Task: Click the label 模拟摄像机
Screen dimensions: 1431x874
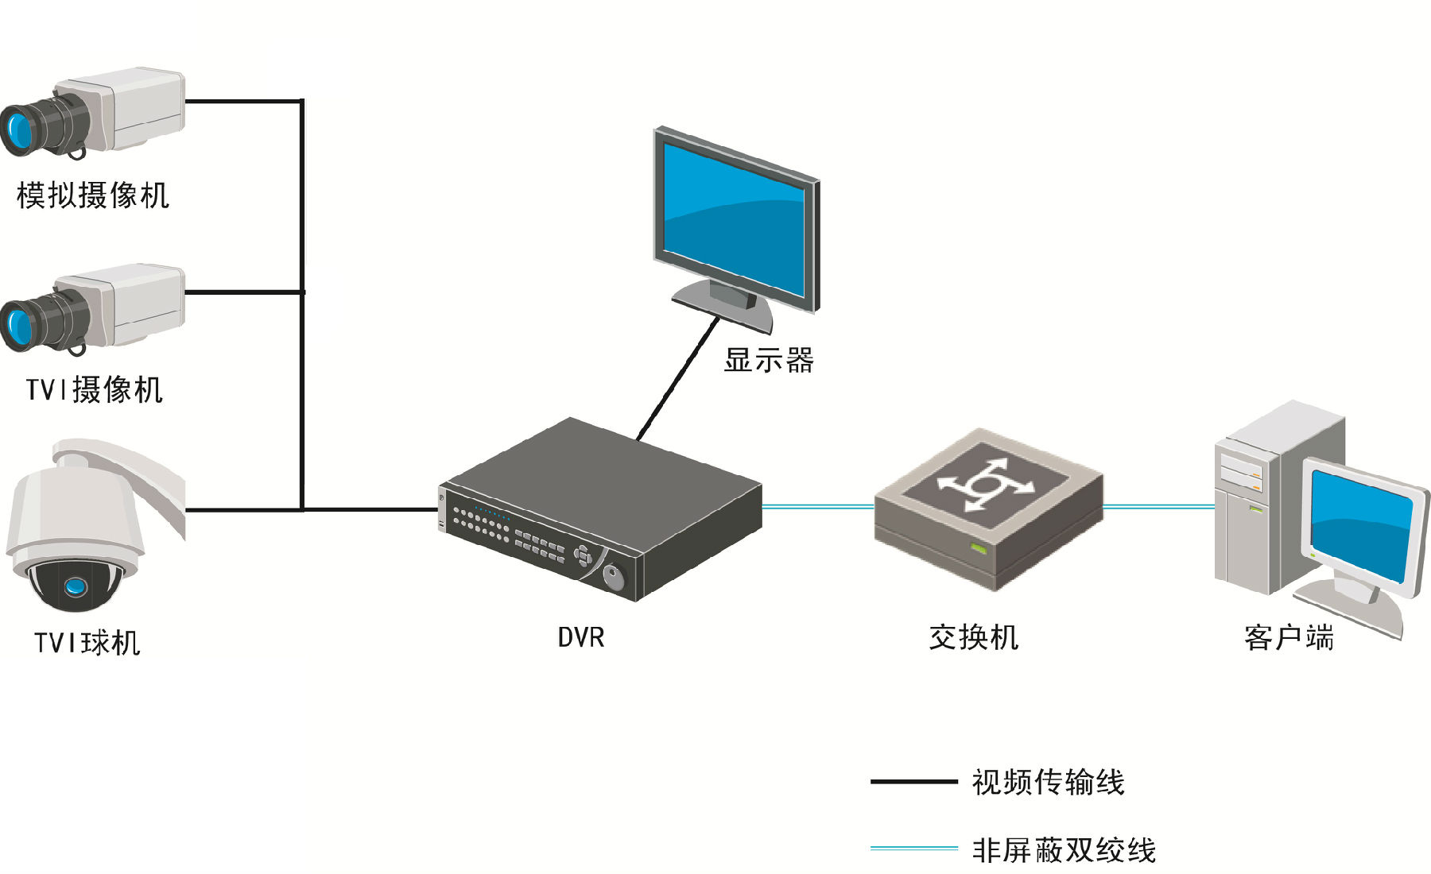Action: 93,195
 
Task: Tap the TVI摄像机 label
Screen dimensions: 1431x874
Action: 95,389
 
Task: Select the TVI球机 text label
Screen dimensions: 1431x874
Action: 87,642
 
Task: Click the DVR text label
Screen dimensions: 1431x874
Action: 581,637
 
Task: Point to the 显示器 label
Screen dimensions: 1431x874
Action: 769,360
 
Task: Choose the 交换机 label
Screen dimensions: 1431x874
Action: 974,637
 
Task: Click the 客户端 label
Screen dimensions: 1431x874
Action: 1289,637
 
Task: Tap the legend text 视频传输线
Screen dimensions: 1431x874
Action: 1049,783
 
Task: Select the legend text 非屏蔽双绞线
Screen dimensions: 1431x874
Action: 1064,850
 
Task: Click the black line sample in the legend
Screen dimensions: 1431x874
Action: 914,782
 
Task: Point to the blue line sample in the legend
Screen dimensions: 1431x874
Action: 914,849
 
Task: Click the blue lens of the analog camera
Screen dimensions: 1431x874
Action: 17,129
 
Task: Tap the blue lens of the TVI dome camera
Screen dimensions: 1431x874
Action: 76,586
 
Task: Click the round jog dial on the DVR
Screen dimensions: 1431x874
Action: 614,577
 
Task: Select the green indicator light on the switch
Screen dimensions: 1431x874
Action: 978,548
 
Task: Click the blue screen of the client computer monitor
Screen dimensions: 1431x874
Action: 1361,525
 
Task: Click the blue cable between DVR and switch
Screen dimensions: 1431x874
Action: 818,506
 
